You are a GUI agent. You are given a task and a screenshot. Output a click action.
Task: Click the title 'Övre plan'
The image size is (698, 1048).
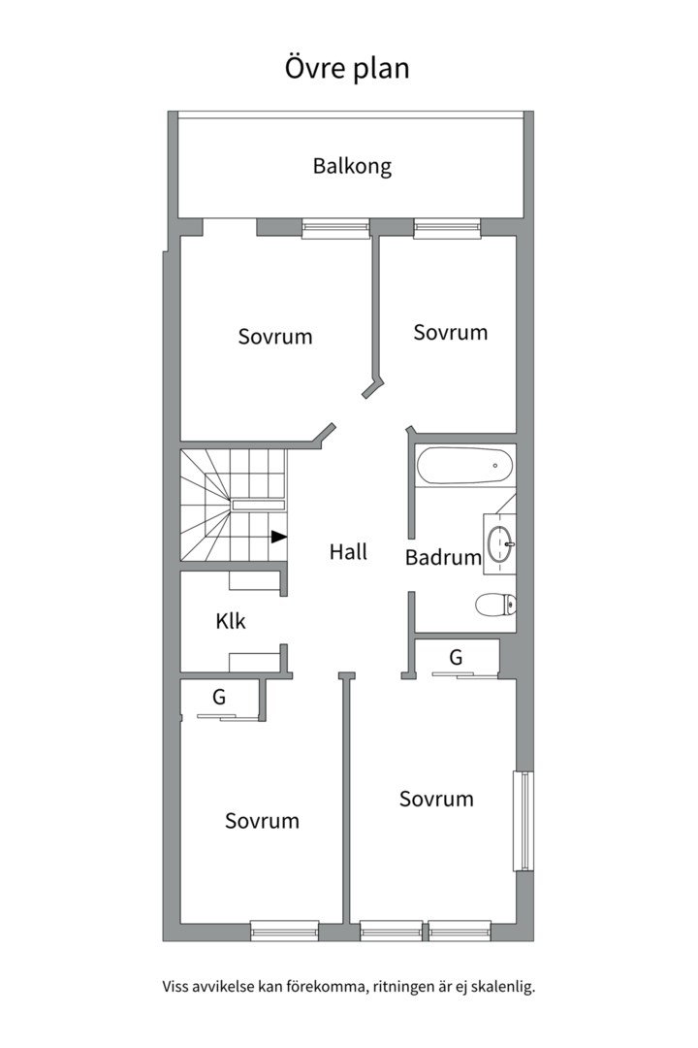click(x=347, y=68)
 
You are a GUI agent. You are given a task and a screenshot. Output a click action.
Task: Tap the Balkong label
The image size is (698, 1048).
click(x=352, y=166)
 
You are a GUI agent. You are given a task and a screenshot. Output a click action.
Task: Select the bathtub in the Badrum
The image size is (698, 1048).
click(x=465, y=465)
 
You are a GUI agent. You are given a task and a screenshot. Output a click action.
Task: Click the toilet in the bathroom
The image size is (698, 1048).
click(x=495, y=605)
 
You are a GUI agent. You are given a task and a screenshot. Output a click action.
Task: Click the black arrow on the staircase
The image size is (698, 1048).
click(x=279, y=536)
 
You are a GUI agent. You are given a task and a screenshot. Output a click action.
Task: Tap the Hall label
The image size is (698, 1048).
click(x=348, y=551)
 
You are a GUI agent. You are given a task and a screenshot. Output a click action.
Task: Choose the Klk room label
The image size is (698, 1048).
click(x=231, y=621)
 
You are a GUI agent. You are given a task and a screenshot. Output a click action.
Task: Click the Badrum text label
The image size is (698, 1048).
click(x=443, y=557)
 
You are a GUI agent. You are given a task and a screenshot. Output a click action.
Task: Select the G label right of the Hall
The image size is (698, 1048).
click(x=456, y=658)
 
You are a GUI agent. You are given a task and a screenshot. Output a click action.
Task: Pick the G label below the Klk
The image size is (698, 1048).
click(x=219, y=697)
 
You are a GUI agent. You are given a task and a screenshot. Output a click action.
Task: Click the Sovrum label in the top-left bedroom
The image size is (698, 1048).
click(x=275, y=336)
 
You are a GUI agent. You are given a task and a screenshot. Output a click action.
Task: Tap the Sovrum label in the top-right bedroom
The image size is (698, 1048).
click(x=450, y=332)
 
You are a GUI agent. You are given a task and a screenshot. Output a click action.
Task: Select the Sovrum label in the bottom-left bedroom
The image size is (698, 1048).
click(x=262, y=821)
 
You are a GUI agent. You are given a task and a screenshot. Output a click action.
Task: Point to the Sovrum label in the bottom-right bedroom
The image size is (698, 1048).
click(x=436, y=799)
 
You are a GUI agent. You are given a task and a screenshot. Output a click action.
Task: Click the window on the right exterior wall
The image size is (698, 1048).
click(x=523, y=822)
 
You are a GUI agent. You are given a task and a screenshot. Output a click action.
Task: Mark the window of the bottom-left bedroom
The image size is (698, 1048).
click(x=285, y=931)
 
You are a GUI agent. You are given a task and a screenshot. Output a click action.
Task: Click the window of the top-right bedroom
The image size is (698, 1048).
click(x=447, y=229)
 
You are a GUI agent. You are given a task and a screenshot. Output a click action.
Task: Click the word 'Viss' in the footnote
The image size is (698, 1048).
click(x=174, y=987)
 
